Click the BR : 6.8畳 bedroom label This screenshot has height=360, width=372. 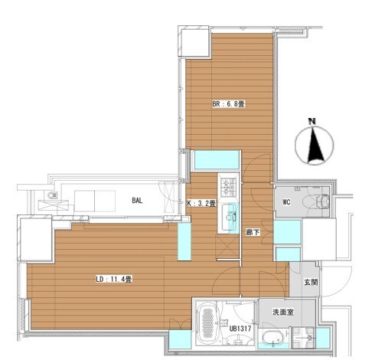tap(228, 104)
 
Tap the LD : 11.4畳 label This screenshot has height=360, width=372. tap(114, 280)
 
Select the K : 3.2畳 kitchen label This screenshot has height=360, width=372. tap(201, 204)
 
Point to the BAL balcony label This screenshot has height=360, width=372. tap(137, 201)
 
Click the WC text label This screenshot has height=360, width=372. tap(286, 202)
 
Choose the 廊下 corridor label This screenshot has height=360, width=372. tap(253, 232)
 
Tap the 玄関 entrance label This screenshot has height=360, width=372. tap(311, 282)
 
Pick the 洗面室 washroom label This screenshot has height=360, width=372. tap(283, 312)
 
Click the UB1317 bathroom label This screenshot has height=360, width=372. tap(240, 329)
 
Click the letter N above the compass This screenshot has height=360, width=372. tap(312, 121)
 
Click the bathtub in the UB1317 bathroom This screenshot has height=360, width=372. tap(207, 322)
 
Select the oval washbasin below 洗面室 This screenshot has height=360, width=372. tap(272, 338)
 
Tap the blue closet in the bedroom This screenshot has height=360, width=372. tap(217, 160)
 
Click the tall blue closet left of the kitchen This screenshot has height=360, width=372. tap(184, 242)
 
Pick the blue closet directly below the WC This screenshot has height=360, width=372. tap(287, 232)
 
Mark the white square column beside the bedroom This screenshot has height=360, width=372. tap(195, 43)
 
